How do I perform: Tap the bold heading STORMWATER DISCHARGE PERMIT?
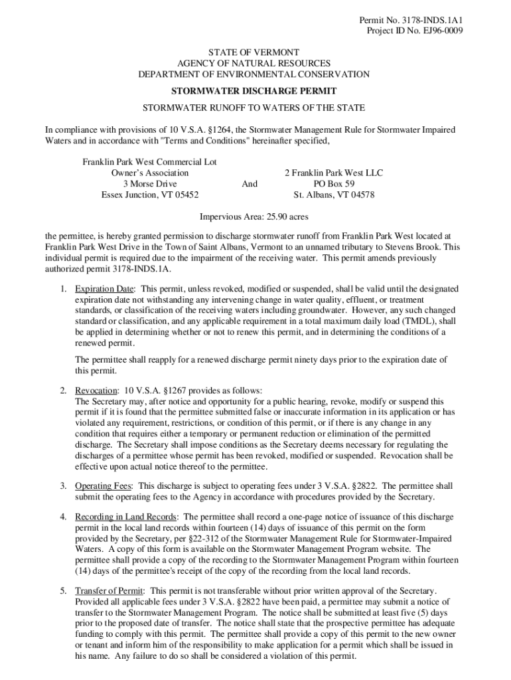(254, 91)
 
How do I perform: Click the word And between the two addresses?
(250, 184)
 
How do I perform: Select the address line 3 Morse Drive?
(149, 184)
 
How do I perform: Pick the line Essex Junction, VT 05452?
(149, 195)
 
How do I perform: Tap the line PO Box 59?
(334, 184)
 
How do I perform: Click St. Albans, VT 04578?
(334, 195)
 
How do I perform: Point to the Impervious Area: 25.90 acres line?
(254, 216)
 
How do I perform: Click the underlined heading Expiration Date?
(105, 289)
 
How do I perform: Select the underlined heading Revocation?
(96, 390)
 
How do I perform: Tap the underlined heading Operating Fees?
(103, 486)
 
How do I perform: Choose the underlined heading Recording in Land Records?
(125, 517)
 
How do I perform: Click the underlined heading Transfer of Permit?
(110, 590)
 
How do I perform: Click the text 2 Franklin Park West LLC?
(334, 173)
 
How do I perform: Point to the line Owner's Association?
(149, 173)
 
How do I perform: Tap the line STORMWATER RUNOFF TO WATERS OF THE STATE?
(254, 108)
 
